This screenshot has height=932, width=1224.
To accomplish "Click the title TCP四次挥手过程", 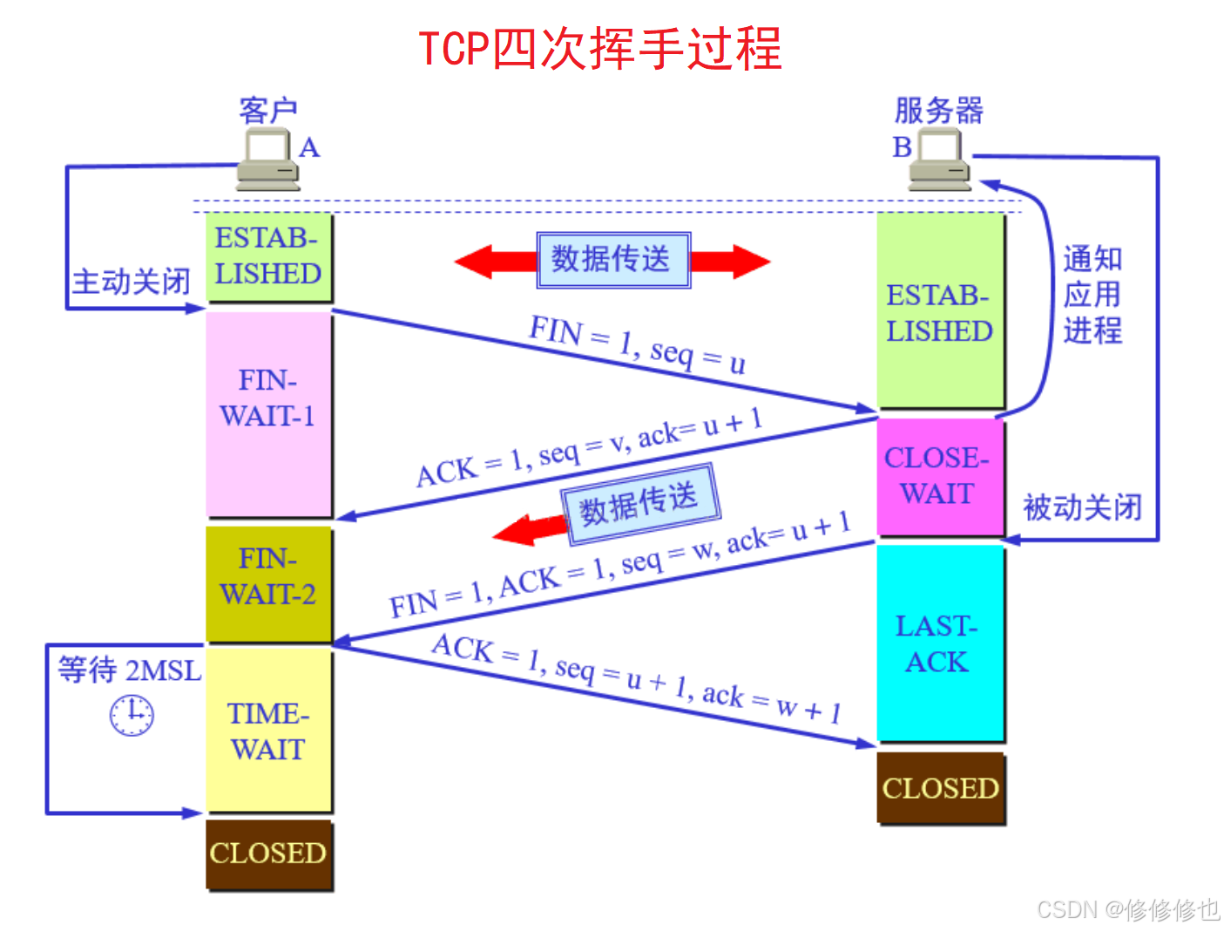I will pos(600,49).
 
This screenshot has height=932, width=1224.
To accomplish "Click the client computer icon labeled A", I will pos(268,160).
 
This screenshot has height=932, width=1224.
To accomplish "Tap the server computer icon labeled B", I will pos(939,160).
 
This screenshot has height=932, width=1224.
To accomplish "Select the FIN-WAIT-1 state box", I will pos(268,414).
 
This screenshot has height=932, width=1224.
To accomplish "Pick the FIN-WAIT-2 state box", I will pos(268,582).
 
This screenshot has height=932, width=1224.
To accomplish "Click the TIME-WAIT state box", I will pos(268,731).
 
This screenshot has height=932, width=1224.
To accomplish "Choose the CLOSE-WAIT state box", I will pos(939,476).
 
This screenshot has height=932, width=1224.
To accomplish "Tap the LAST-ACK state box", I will pos(939,643).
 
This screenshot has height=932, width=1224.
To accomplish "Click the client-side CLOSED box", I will pos(268,854).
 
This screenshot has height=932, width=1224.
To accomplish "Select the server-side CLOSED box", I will pos(940,788).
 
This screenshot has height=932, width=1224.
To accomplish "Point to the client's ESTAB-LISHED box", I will pos(268,256).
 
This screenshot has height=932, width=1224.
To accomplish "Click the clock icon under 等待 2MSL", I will pos(132,715).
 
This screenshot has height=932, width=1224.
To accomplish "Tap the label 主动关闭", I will pos(131,282).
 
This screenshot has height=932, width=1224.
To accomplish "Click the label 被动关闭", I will pos(1082,507).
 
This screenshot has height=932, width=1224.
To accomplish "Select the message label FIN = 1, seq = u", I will pos(637,344).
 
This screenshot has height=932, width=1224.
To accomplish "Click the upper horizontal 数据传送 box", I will pos(612,260).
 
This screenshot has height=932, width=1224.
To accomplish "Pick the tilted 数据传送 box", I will pos(639,504).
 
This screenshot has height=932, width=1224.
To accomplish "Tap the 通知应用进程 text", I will pos(1092,295).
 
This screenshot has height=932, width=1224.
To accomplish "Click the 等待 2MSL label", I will pos(129,670).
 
